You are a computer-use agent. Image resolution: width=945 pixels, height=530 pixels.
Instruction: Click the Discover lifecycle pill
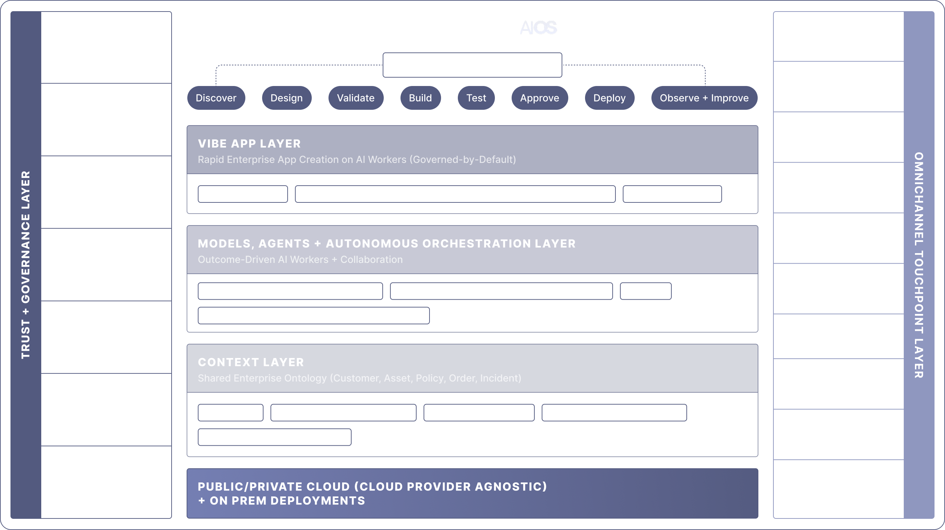[x=216, y=98]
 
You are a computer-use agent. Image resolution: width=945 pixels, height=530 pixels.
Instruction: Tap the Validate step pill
[x=355, y=98]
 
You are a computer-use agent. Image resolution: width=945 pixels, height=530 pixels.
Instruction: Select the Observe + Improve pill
[x=704, y=98]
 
